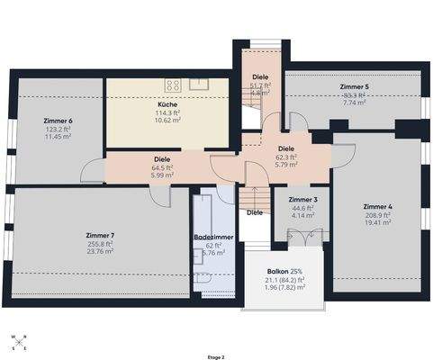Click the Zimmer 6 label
[57, 121]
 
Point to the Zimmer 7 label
[100, 234]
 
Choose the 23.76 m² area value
[100, 252]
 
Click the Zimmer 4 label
[377, 207]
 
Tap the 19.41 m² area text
[377, 224]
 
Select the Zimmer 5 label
[354, 86]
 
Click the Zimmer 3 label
[302, 199]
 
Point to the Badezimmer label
[213, 237]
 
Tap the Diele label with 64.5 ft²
[162, 158]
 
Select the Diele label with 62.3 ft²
[286, 148]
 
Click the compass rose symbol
[19, 341]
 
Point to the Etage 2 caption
[216, 355]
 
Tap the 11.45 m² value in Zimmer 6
[57, 137]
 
